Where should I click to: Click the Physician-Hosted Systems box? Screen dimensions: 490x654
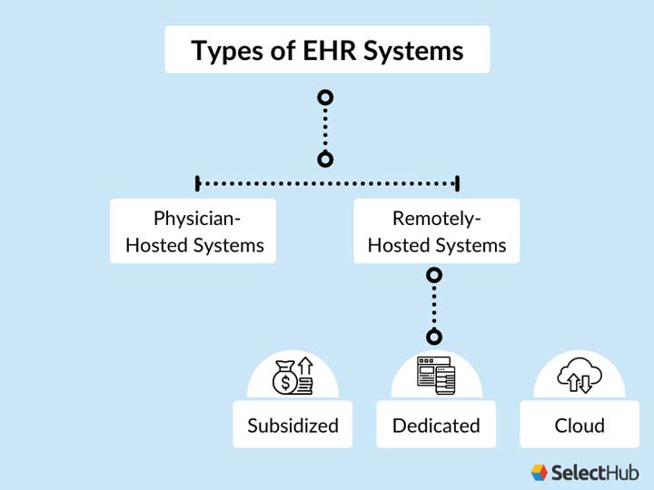[193, 231]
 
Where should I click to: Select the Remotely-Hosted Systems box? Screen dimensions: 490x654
[436, 231]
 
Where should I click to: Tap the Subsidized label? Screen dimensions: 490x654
[292, 426]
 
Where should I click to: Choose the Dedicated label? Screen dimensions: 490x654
[436, 426]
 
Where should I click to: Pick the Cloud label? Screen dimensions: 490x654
[580, 426]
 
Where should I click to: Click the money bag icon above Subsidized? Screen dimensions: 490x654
[292, 376]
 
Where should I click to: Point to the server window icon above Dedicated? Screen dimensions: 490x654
[435, 376]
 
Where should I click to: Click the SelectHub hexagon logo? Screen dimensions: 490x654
[540, 472]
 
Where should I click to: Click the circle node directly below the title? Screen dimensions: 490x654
[325, 97]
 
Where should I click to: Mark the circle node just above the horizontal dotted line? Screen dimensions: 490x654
[325, 160]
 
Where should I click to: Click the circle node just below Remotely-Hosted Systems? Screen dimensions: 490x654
[435, 274]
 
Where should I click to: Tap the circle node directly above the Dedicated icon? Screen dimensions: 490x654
[434, 337]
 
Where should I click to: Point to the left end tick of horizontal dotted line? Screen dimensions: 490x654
[197, 183]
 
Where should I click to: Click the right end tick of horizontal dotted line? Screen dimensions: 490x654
[457, 183]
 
